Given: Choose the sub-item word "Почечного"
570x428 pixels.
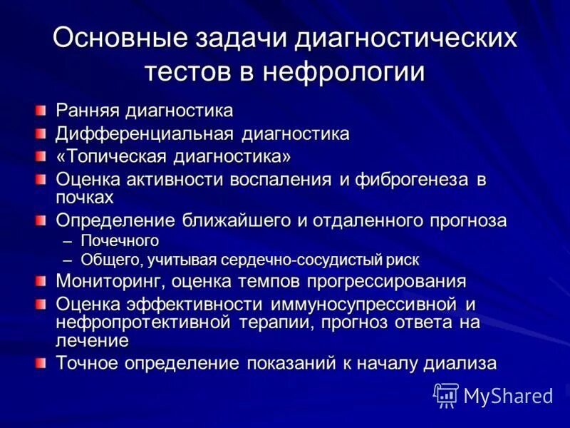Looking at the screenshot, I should pyautogui.click(x=120, y=241).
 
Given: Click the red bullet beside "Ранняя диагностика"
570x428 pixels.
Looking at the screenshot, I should pyautogui.click(x=42, y=111).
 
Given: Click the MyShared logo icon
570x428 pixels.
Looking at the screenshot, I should pyautogui.click(x=446, y=394).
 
